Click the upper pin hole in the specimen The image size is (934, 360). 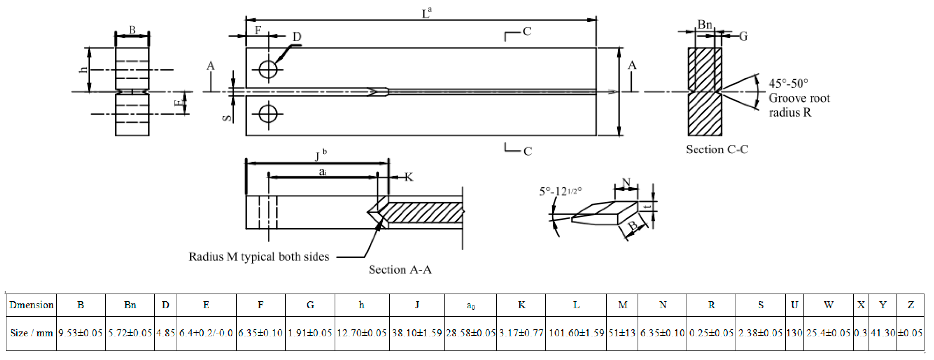coord(268,69)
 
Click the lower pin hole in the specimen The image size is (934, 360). coord(268,115)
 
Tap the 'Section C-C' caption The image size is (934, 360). coord(717,149)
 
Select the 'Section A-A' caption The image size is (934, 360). coord(400,270)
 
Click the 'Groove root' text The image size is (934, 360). coord(799,98)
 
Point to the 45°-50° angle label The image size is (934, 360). coord(788,83)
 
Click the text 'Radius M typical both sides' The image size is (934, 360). coord(258,257)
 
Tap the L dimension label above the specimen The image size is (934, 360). coord(426,14)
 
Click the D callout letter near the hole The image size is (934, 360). coord(297,37)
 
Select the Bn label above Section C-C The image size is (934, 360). coord(705,25)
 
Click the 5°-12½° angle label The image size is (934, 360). coord(560,191)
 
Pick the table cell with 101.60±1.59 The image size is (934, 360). coord(576,333)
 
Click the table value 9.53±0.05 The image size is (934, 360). coord(80,333)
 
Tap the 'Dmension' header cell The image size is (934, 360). coord(32,305)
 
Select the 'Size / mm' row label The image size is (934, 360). coord(32,333)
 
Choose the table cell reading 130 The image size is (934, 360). coord(794,333)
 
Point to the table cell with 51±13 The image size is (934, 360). coord(622,333)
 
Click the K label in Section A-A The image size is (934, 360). coord(409,177)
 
